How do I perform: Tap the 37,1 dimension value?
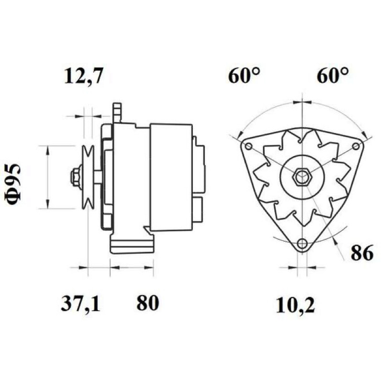pos(80,304)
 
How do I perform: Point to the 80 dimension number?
pos(147,303)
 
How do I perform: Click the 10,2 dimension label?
pos(295,305)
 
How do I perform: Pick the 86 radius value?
pos(362,253)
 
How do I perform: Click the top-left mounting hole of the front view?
pos(248,146)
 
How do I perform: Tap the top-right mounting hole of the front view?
pos(356,146)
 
